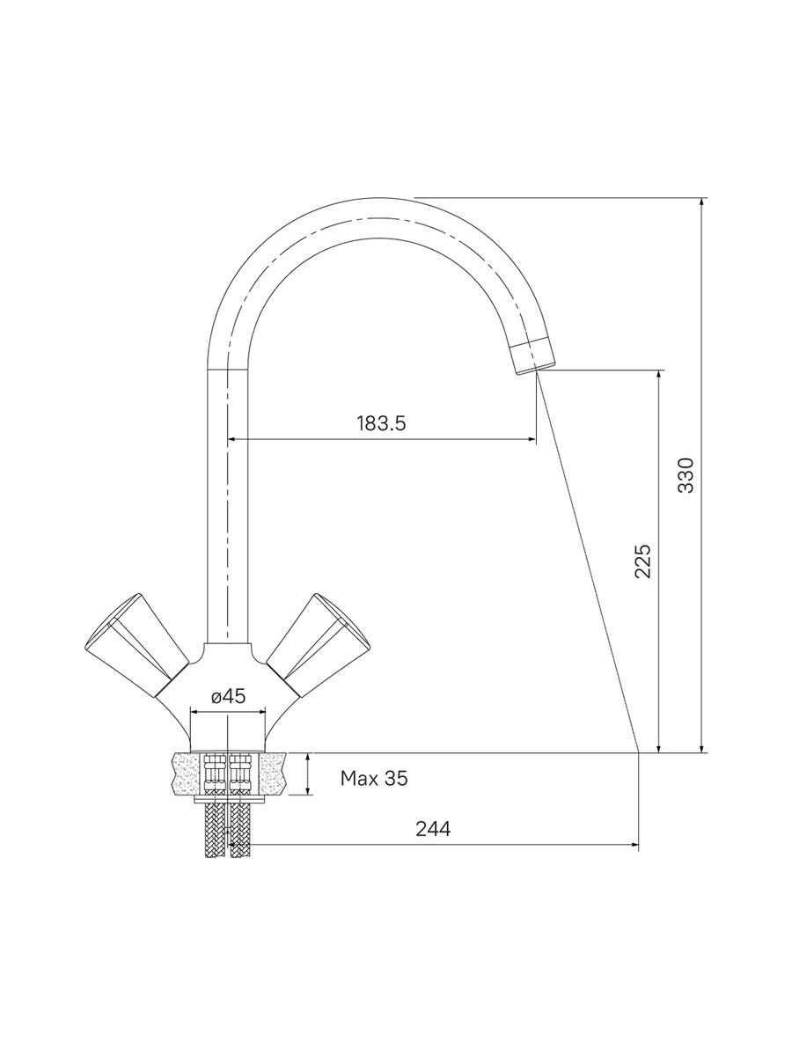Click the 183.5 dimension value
pos(381,424)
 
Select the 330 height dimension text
pos(686,475)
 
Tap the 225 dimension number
pos(643,561)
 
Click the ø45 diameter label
pos(229,696)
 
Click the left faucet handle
pos(136,647)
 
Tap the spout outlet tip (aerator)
pos(532,355)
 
